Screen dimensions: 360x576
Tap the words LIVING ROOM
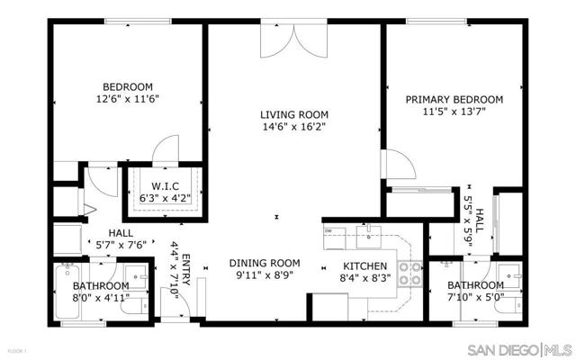293,114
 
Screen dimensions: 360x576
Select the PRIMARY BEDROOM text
454,100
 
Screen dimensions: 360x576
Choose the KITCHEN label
364,266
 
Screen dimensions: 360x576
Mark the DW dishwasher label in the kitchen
329,231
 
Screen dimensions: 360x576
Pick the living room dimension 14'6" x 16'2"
293,128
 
